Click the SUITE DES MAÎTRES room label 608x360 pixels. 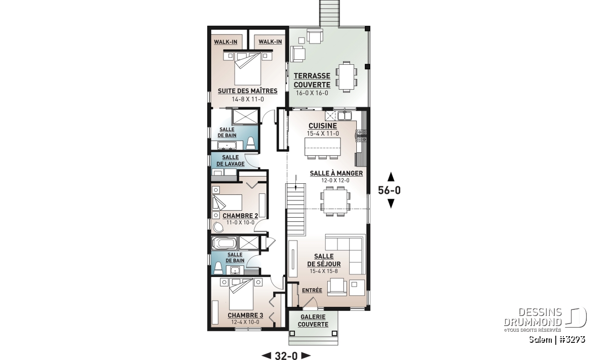point(248,91)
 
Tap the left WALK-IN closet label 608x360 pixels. point(225,42)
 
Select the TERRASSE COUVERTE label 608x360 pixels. point(312,81)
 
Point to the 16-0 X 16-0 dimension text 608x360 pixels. point(312,93)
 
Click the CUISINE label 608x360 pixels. point(323,126)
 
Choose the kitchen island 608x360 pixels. point(322,147)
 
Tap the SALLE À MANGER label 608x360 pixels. point(336,173)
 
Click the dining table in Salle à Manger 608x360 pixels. point(335,201)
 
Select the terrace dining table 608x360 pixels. point(346,77)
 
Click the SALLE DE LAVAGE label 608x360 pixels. point(231,161)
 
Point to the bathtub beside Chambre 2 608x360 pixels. point(224,243)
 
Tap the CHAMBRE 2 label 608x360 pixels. point(240,216)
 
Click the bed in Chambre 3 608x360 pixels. point(241,295)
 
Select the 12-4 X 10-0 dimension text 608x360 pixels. point(245,323)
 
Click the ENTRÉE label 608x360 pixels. point(312,290)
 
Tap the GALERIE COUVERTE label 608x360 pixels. point(313,321)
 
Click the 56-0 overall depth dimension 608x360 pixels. point(390,190)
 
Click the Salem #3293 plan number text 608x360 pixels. point(557,340)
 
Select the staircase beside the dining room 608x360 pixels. point(295,210)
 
